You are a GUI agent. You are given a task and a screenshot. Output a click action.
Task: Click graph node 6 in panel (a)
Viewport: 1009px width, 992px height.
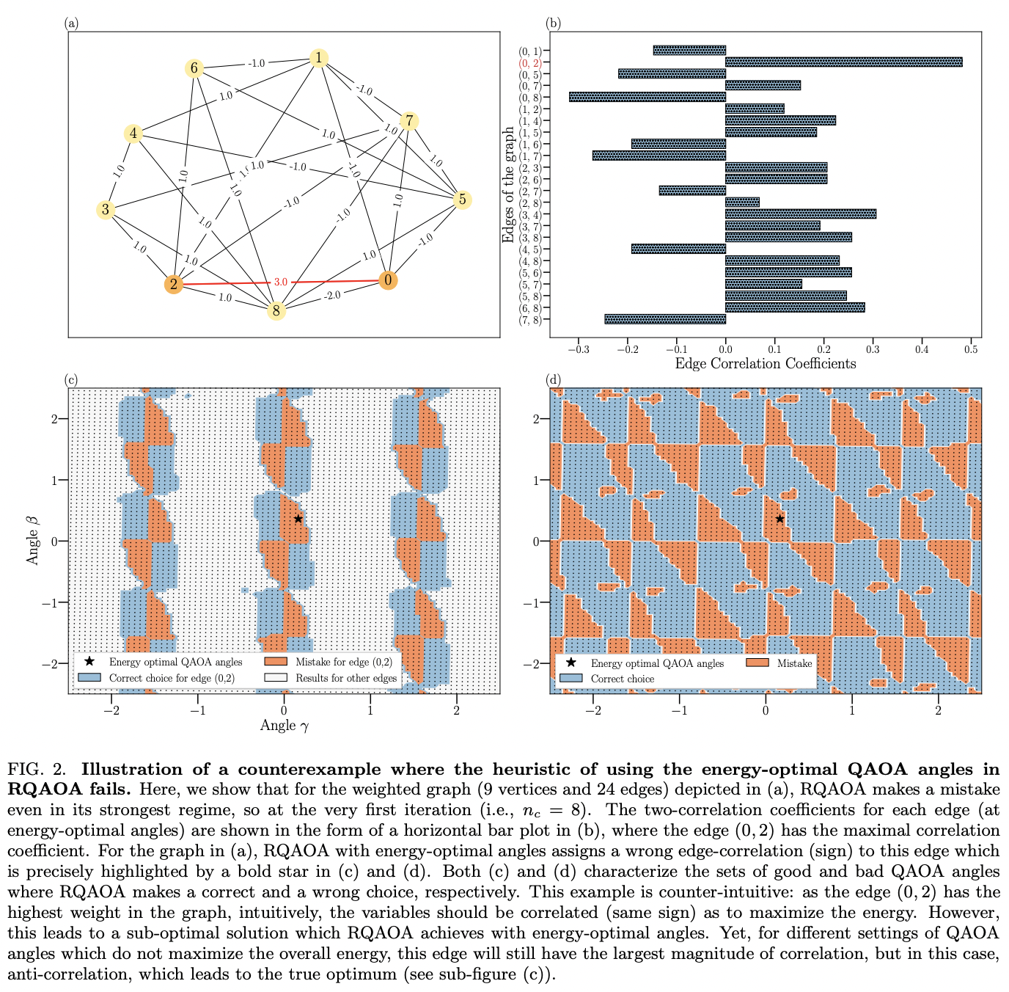pyautogui.click(x=194, y=68)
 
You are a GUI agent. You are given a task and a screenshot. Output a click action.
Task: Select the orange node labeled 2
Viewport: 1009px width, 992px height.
pyautogui.click(x=174, y=285)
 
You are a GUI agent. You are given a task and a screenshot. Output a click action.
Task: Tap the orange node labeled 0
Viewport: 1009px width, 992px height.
pyautogui.click(x=388, y=280)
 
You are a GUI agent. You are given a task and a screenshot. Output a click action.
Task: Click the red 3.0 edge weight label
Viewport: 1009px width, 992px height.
pyautogui.click(x=281, y=282)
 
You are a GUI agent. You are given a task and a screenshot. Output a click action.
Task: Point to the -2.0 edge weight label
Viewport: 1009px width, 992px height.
pyautogui.click(x=333, y=295)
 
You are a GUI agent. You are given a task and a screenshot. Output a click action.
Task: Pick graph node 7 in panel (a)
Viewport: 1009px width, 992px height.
pyautogui.click(x=409, y=121)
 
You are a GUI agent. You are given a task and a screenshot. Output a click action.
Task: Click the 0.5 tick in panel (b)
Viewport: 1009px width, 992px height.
pyautogui.click(x=971, y=349)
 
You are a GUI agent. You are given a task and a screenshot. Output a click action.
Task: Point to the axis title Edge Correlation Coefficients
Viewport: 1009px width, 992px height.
pyautogui.click(x=765, y=363)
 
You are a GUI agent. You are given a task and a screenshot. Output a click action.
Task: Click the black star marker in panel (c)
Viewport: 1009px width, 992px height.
pyautogui.click(x=298, y=519)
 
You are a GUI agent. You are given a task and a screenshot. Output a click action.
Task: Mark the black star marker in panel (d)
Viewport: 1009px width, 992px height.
pyautogui.click(x=779, y=519)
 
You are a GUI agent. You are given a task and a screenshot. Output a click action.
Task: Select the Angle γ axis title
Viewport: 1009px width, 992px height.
pyautogui.click(x=285, y=726)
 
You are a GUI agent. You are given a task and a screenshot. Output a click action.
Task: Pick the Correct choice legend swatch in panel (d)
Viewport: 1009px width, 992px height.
pyautogui.click(x=571, y=679)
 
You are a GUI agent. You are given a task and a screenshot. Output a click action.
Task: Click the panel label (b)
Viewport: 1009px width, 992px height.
pyautogui.click(x=554, y=23)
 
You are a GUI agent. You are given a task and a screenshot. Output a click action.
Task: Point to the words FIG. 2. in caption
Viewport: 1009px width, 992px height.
pyautogui.click(x=37, y=770)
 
